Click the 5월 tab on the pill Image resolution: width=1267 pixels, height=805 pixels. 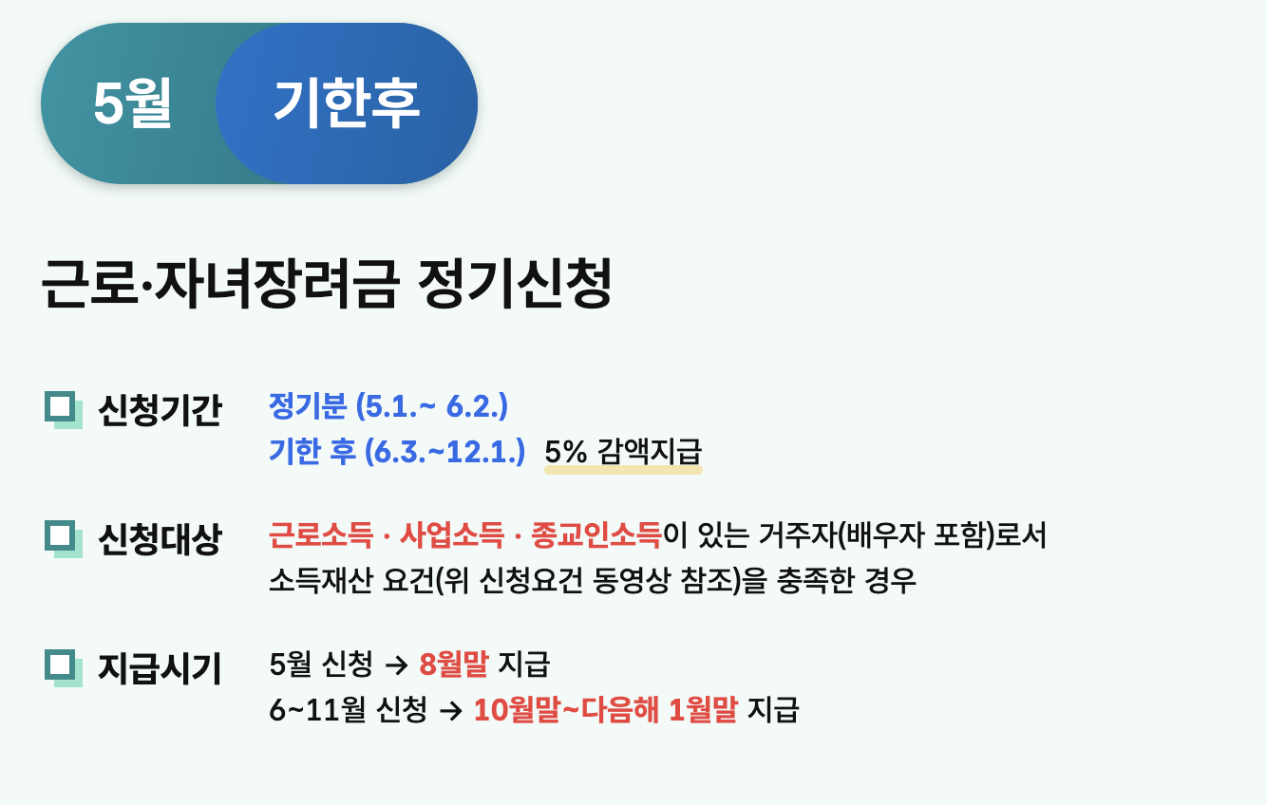[x=132, y=103]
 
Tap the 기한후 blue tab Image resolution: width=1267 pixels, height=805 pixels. [x=347, y=103]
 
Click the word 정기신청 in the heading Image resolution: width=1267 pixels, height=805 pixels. [x=515, y=283]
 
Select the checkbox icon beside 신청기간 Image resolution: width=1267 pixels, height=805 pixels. [x=64, y=410]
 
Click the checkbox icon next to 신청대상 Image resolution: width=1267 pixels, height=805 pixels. [x=64, y=539]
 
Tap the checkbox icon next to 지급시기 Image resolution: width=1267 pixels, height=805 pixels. [x=64, y=667]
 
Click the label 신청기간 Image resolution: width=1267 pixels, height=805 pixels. [x=160, y=410]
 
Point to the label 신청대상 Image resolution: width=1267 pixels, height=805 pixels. [x=160, y=539]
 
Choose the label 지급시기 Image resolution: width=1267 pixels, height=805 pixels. [x=160, y=668]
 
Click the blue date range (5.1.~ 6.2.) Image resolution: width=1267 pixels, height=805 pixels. [x=432, y=406]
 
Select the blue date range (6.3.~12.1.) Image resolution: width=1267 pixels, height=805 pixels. [x=445, y=452]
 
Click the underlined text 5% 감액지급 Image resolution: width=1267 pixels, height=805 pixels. [x=623, y=452]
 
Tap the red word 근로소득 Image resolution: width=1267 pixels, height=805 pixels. [x=321, y=534]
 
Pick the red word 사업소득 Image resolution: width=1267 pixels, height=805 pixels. [x=451, y=534]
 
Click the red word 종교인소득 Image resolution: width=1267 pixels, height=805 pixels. [x=596, y=534]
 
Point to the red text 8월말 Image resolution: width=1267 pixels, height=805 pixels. [x=454, y=665]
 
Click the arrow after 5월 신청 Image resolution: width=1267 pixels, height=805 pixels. [x=396, y=665]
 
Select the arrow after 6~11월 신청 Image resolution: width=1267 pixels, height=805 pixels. [x=451, y=711]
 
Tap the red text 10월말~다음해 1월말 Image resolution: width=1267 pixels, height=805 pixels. [x=606, y=710]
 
